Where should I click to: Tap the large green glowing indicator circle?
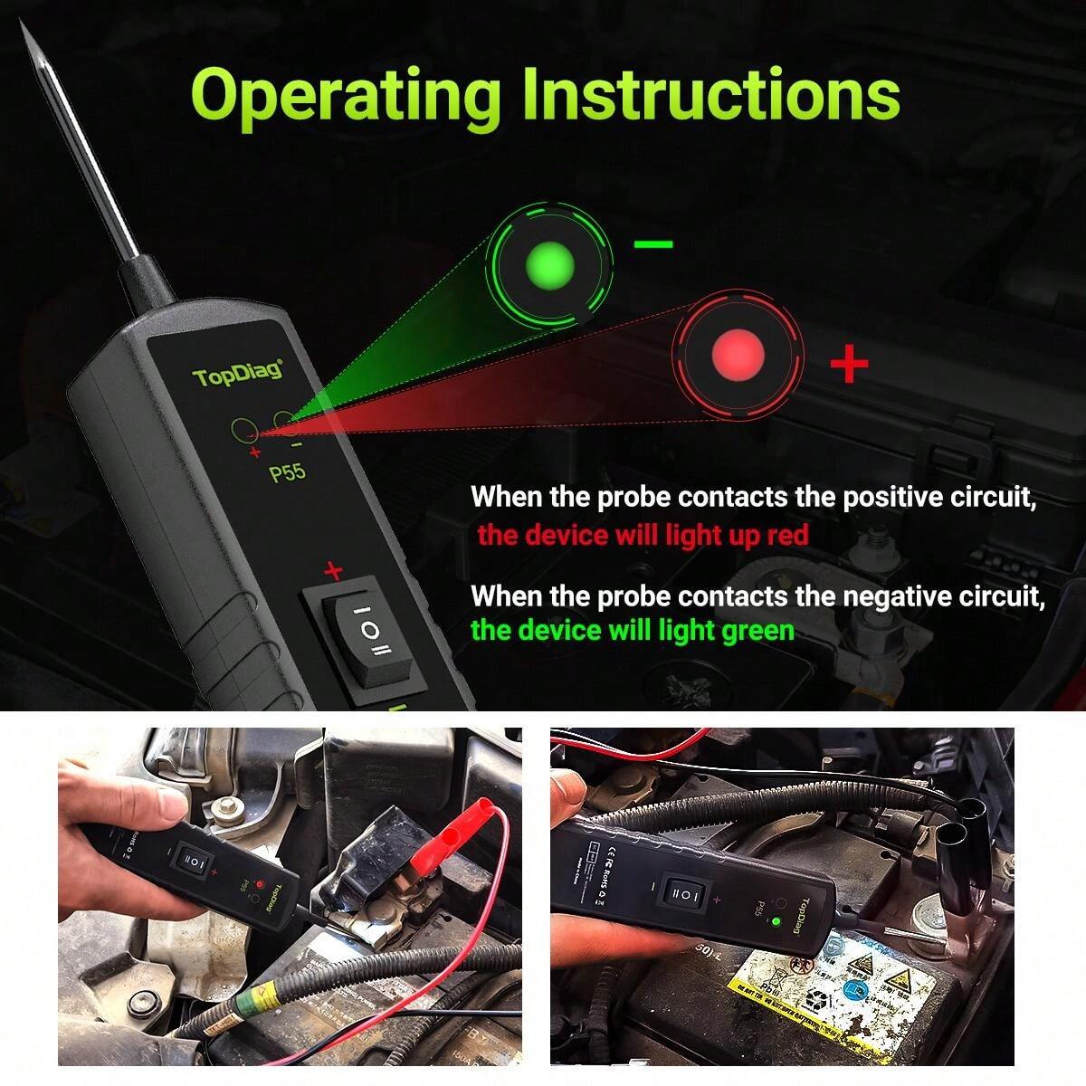click(x=549, y=263)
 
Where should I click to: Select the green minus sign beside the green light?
click(x=653, y=244)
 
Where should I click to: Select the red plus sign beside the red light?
click(x=848, y=364)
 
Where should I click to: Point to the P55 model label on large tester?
click(x=288, y=473)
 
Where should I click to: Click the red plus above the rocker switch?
click(x=334, y=571)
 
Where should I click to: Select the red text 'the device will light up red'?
click(x=643, y=536)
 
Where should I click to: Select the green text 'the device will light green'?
click(x=633, y=630)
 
